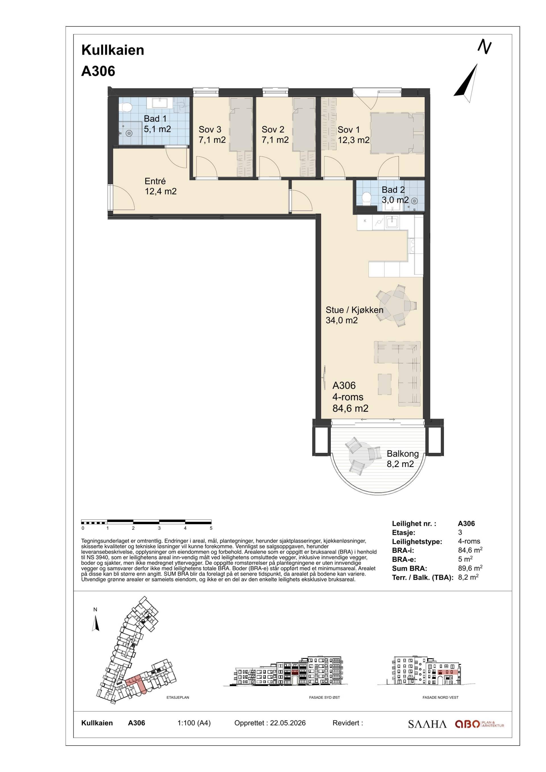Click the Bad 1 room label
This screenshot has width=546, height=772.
[157, 123]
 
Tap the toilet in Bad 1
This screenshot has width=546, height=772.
[126, 107]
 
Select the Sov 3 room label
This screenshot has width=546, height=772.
[212, 134]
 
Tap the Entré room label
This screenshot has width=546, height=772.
[160, 186]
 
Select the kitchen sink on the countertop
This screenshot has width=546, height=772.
[392, 222]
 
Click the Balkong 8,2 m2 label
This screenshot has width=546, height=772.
[402, 459]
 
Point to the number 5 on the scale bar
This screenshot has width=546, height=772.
[211, 528]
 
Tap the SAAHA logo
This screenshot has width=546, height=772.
[427, 724]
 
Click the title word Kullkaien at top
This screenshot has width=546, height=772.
[113, 50]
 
